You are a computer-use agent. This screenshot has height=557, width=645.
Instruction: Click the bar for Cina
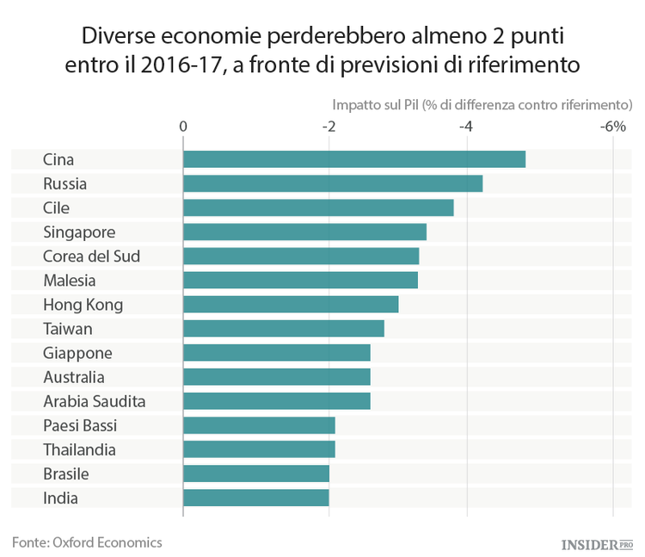(x=353, y=159)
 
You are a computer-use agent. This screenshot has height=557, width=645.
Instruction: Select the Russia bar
(x=332, y=183)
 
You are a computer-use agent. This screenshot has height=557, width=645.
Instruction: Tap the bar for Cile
(x=317, y=207)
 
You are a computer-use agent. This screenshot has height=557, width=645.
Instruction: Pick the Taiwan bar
(x=283, y=328)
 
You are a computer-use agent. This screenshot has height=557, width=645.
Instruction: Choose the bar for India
(x=255, y=498)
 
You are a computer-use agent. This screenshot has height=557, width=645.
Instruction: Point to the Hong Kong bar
(x=291, y=304)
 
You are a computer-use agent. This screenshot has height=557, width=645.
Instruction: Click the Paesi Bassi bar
(x=259, y=425)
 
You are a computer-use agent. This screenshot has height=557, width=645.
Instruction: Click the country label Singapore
(x=79, y=232)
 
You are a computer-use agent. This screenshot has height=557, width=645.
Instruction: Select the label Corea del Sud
(x=92, y=256)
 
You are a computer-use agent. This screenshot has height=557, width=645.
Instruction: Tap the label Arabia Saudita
(x=95, y=401)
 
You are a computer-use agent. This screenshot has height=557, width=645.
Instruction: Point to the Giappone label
(x=77, y=353)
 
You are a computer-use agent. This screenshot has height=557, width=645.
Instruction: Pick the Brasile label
(x=66, y=473)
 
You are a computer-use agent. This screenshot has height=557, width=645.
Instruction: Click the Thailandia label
(x=79, y=449)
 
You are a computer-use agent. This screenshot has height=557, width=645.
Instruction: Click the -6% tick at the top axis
(x=612, y=127)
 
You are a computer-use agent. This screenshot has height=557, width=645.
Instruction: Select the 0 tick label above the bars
(x=183, y=127)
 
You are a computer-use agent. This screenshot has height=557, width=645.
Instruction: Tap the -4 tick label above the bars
(x=466, y=127)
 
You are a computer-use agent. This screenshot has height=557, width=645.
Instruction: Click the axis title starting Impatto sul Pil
(x=482, y=105)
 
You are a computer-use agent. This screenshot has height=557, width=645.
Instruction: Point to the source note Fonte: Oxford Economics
(x=87, y=542)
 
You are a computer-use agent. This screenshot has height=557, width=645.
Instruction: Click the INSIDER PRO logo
(x=596, y=544)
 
